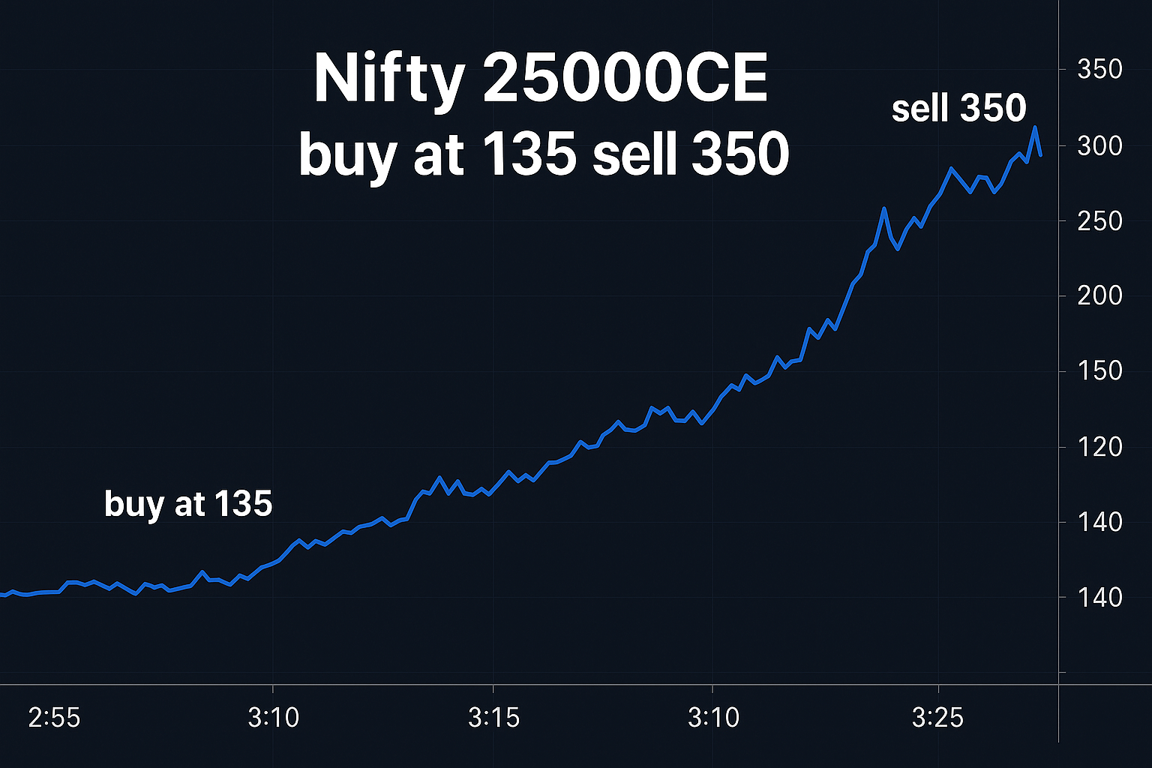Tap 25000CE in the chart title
point(625,78)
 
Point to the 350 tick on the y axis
point(1099,70)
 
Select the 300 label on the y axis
point(1099,145)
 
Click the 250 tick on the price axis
point(1099,221)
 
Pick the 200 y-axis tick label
point(1099,295)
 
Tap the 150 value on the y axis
point(1099,370)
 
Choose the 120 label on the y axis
point(1099,447)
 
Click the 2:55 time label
point(54,718)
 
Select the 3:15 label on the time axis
point(493,718)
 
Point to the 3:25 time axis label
point(937,718)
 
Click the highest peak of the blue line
point(1035,128)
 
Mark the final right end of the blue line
point(1040,154)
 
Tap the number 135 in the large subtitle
point(529,154)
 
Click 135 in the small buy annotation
point(244,503)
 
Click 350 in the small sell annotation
point(993,109)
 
